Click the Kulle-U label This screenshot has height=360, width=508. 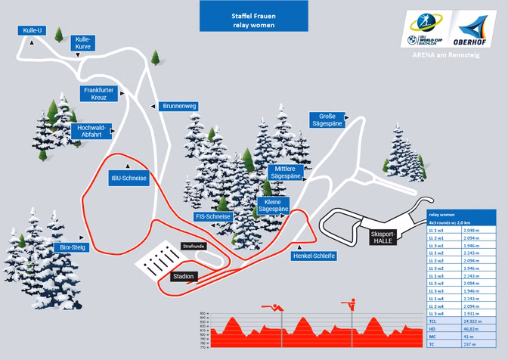(x=31, y=30)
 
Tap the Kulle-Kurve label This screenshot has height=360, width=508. (x=83, y=43)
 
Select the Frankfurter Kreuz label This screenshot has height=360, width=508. (x=98, y=94)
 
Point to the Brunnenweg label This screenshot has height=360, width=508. (x=179, y=107)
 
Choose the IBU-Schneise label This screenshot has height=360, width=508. (x=128, y=178)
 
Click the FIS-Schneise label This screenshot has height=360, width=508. (x=212, y=216)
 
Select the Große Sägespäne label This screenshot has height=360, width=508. (x=327, y=119)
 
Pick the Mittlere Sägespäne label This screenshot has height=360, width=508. (x=288, y=171)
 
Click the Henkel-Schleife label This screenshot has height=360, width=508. (x=313, y=256)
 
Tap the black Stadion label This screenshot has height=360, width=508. (x=183, y=276)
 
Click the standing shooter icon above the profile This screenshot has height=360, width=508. (x=348, y=304)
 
